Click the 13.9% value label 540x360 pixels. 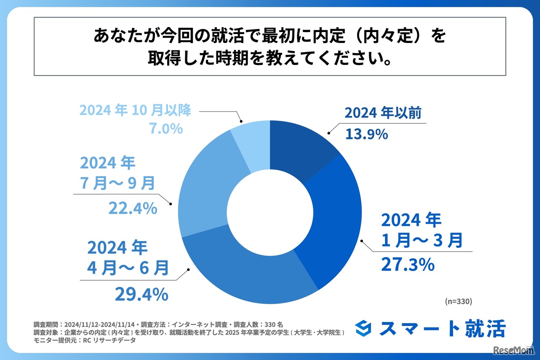pos(366,134)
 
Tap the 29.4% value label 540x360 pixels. pos(141,294)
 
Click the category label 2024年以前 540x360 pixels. pos(383,113)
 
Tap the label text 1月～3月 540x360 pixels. pos(421,241)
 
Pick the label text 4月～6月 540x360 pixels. pos(128,267)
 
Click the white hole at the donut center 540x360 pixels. pos(270,211)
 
